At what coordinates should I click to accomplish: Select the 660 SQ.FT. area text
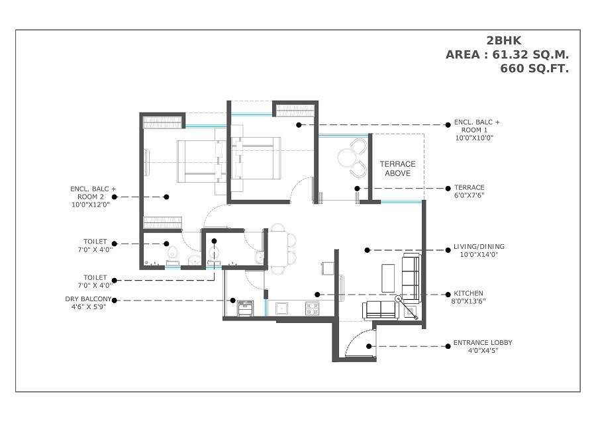(534, 68)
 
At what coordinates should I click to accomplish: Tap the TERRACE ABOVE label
(397, 169)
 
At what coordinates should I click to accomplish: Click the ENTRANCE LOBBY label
(482, 346)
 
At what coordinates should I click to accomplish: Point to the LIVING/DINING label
(479, 250)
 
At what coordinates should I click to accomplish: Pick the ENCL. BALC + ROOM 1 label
(477, 130)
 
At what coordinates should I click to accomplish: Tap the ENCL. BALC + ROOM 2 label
(93, 197)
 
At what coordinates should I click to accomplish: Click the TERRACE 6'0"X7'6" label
(469, 191)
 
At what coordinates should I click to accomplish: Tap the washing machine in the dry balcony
(246, 308)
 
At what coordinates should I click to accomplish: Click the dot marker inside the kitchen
(318, 294)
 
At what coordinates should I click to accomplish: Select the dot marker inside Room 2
(167, 197)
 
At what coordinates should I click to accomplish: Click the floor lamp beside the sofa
(399, 299)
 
